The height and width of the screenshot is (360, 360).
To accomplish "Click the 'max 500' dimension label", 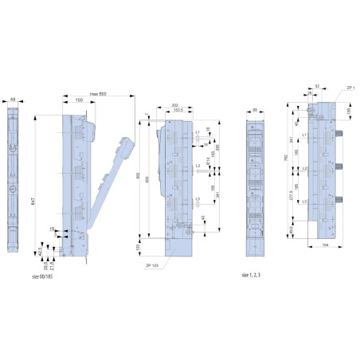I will point(99,95).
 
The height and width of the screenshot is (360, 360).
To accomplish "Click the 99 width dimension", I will point(254,109).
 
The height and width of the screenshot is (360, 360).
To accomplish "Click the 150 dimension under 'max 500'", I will point(79,101).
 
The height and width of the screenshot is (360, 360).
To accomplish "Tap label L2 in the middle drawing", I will point(197,166).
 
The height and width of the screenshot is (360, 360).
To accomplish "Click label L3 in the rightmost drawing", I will point(305,202).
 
